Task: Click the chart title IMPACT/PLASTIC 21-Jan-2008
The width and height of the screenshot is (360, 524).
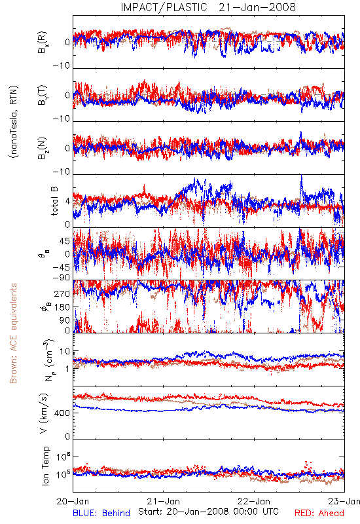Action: point(208,7)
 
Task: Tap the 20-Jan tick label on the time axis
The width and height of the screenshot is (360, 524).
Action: point(73,501)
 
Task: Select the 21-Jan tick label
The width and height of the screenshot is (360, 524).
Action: point(163,501)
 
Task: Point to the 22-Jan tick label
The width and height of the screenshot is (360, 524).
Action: point(254,501)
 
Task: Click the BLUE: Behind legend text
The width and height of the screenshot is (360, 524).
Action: point(101,513)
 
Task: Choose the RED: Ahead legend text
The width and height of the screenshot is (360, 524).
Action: point(319,513)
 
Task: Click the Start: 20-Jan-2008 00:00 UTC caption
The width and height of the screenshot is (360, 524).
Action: point(208,512)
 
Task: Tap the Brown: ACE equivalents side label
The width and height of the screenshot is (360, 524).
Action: point(13,333)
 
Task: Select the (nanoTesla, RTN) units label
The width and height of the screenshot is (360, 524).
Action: point(14,121)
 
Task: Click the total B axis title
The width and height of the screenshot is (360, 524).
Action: point(54,200)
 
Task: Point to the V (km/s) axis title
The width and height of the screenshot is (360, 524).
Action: point(44,413)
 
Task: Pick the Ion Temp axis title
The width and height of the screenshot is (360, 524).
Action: point(45,466)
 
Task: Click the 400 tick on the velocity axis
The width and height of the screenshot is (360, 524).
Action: point(62,413)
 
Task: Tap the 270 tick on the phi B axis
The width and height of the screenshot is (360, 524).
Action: point(62,293)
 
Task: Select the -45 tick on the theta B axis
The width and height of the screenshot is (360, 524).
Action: point(62,267)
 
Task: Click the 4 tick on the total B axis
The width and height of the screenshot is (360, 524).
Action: point(68,202)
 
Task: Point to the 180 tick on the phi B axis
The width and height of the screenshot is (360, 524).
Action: point(62,307)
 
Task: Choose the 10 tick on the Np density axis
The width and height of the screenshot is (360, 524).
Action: point(65,351)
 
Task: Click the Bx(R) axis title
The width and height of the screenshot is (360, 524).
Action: point(43,43)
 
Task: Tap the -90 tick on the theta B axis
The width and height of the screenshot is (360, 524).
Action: point(62,278)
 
